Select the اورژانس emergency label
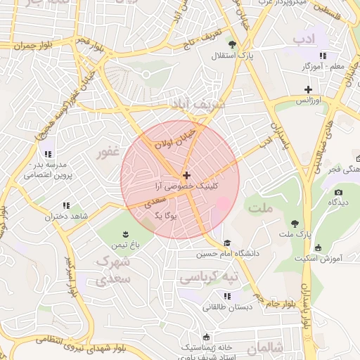[x=308, y=101]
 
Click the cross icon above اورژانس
[x=308, y=89]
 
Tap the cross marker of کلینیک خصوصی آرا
[x=186, y=175]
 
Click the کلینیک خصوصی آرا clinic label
[x=186, y=186]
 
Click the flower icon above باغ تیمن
[x=125, y=233]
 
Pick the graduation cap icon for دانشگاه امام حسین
[x=226, y=243]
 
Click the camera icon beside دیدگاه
[x=338, y=193]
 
